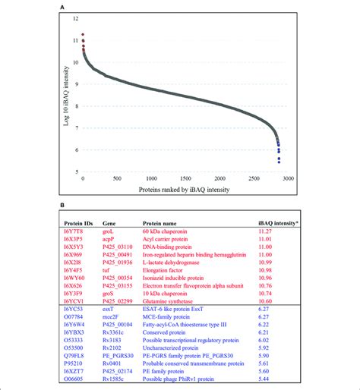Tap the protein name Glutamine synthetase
click(x=168, y=301)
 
